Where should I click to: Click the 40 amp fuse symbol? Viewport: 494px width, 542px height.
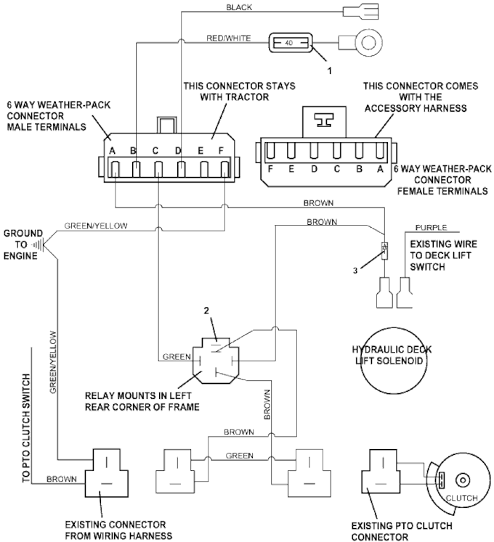pos(291,43)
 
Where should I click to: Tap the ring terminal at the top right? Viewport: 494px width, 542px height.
pos(362,43)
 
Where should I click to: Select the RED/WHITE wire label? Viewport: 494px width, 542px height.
pos(229,38)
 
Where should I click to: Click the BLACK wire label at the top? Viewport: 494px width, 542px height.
pos(239,7)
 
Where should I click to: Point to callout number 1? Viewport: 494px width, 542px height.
pos(330,70)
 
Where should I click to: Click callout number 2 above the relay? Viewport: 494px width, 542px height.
pos(206,311)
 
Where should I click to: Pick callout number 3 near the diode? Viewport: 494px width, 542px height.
pos(355,271)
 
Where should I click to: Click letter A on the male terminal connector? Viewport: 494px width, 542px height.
pos(112,151)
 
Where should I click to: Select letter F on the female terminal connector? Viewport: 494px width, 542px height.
pos(271,169)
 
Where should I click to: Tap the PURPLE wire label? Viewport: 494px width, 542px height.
pos(431,227)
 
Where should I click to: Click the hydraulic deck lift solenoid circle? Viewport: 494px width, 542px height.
pos(393,359)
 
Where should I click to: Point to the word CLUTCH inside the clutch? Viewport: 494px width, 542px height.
pos(461,498)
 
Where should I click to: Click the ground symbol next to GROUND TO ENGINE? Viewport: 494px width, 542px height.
pos(38,245)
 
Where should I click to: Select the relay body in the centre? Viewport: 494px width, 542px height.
pos(216,361)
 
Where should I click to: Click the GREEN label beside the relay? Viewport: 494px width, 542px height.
pos(177,356)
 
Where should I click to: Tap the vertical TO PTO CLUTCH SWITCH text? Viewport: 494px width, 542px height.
pos(26,428)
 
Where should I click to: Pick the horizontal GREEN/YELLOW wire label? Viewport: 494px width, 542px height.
pos(96,226)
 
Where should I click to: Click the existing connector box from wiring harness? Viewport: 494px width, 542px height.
pos(107,473)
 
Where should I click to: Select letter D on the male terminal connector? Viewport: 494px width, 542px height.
pos(178,151)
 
